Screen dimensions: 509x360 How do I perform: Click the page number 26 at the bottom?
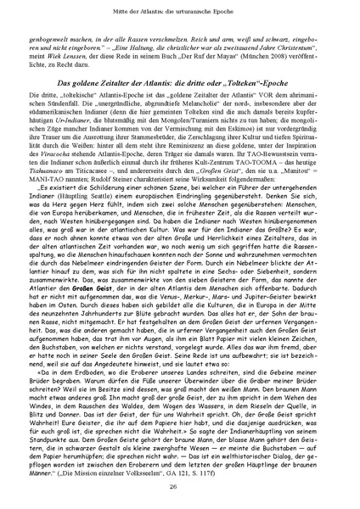(180, 487)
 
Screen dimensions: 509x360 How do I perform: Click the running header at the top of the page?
(180, 11)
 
